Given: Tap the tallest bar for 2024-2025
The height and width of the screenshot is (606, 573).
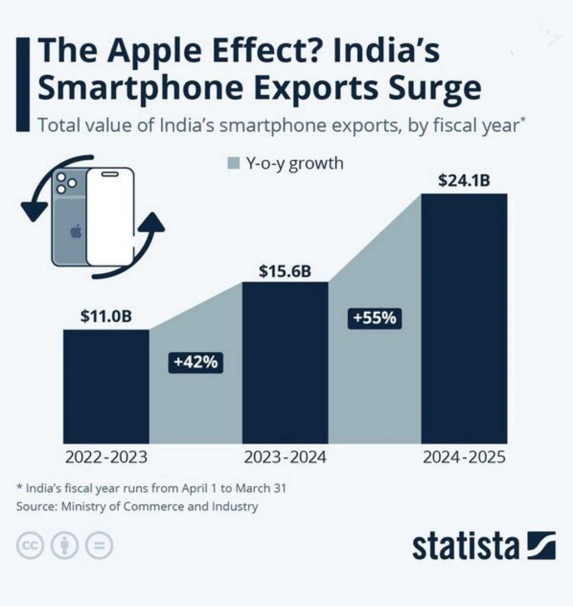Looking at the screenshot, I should click(x=464, y=318).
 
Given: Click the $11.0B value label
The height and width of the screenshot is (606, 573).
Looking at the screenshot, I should click(x=106, y=317).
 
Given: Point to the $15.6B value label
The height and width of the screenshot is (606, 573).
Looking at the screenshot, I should click(x=285, y=271).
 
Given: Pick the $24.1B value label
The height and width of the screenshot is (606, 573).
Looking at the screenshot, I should click(x=464, y=181).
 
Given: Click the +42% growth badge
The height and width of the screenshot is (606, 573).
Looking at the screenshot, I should click(x=195, y=362).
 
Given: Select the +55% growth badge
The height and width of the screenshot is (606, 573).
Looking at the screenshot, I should click(x=375, y=318).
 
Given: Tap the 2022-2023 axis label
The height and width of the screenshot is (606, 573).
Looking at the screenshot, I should click(x=106, y=457).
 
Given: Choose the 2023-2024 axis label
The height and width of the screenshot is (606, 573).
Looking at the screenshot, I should click(x=285, y=457).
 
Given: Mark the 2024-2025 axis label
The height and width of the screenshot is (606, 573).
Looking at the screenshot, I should click(x=464, y=457).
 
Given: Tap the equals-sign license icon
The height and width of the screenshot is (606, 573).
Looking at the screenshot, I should click(x=100, y=546).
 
